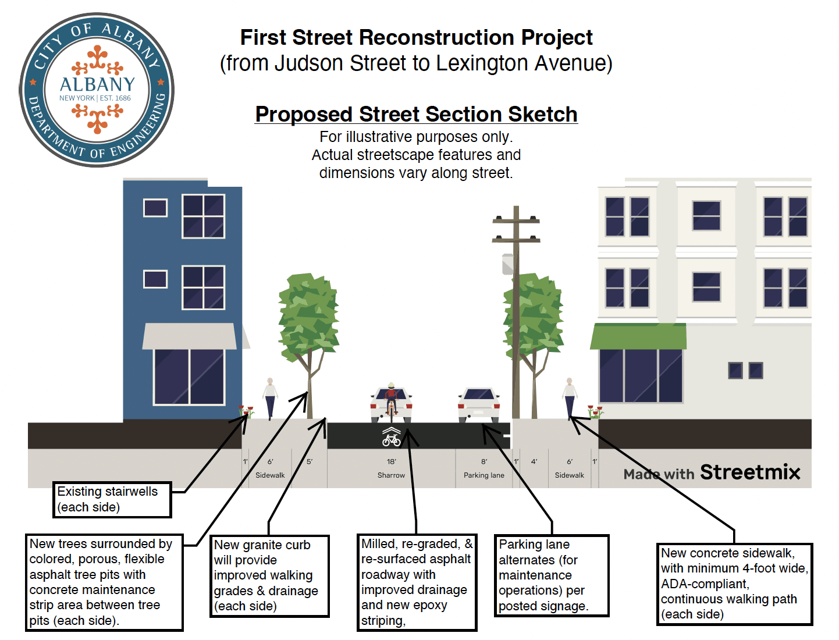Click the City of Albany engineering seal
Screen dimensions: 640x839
(x=97, y=90)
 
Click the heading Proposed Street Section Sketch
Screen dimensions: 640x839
(x=416, y=114)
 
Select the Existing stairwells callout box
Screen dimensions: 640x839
(x=112, y=499)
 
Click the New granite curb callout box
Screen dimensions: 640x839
(x=269, y=576)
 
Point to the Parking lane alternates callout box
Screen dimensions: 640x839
(x=551, y=575)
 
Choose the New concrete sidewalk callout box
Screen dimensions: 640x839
(x=734, y=584)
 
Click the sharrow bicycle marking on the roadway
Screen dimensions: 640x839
(x=392, y=436)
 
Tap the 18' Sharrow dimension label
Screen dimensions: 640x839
(x=391, y=468)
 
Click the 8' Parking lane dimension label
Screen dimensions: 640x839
(x=484, y=468)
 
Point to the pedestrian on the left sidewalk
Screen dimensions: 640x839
(x=270, y=397)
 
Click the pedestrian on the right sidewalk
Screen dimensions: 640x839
(x=570, y=397)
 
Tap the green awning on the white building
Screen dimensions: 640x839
(x=638, y=336)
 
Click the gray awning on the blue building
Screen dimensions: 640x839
(x=190, y=336)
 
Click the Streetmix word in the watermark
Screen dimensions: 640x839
(x=750, y=472)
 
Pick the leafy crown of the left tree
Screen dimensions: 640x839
(x=308, y=314)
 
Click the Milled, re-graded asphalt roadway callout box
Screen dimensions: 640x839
(x=417, y=582)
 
